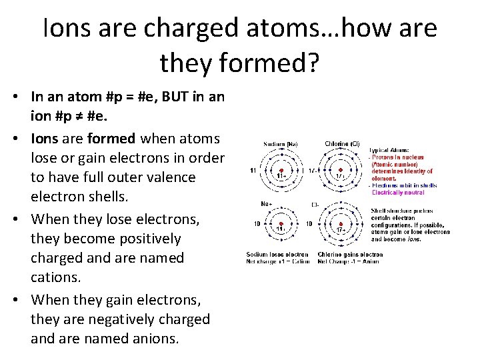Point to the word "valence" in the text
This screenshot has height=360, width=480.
(170, 177)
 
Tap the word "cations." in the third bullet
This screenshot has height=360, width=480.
(55, 277)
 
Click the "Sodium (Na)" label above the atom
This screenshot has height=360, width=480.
(280, 144)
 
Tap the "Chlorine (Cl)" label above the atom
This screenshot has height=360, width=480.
(342, 144)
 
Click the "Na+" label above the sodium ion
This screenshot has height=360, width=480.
(265, 204)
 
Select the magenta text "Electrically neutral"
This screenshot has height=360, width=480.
(398, 193)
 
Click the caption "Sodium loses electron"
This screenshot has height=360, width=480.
(277, 254)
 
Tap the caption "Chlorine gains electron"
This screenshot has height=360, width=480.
(350, 254)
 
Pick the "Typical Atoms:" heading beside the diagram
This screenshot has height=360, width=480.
(390, 150)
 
